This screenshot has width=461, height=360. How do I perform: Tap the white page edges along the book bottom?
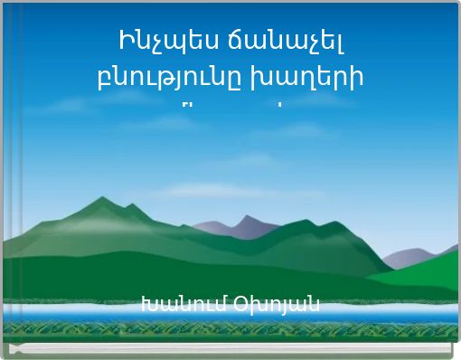click(x=230, y=355)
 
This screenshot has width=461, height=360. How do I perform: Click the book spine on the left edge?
click(x=4, y=181)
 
